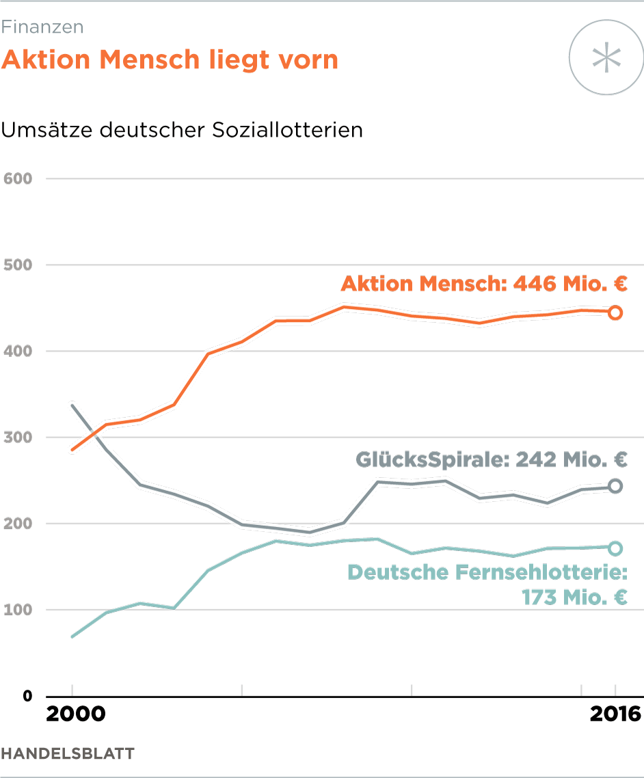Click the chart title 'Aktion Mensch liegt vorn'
[170, 59]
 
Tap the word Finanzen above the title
[42, 27]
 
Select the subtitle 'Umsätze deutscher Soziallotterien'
[182, 130]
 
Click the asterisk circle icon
[606, 57]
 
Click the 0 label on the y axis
[27, 696]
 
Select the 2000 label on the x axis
[75, 714]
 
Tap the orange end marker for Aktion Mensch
[615, 312]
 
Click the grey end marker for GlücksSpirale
[615, 486]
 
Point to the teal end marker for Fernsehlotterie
[615, 548]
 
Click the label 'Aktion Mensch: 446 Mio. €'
[484, 284]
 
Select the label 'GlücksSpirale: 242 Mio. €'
[491, 459]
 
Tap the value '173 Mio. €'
[574, 597]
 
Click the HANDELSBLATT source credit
[68, 753]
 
